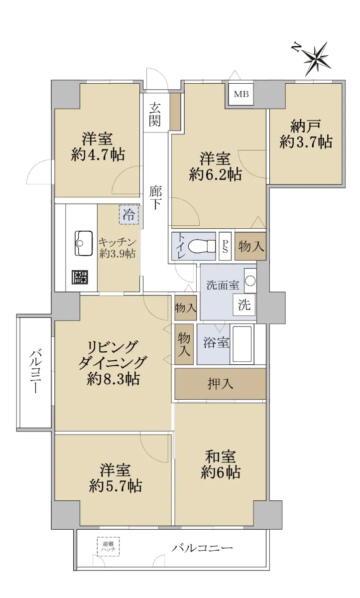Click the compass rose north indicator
click(x=317, y=58)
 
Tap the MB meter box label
click(x=241, y=94)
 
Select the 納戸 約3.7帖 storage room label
click(x=306, y=134)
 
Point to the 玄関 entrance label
click(x=155, y=114)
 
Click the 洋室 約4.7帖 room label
click(x=98, y=147)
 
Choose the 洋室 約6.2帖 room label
click(x=216, y=166)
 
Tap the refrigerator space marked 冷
click(x=129, y=214)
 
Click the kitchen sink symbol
click(x=84, y=244)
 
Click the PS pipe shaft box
click(x=225, y=246)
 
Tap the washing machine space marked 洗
click(x=244, y=304)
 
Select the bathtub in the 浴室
click(x=241, y=345)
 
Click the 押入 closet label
click(x=220, y=384)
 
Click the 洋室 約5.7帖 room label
click(x=115, y=478)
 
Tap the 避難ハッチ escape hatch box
click(x=108, y=547)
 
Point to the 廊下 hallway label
click(x=155, y=197)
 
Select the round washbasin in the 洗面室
click(x=250, y=281)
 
